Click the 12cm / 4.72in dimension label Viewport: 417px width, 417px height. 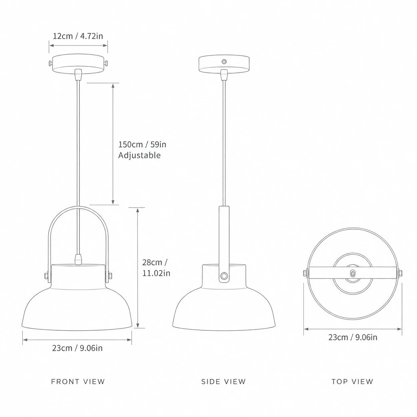(x=78, y=36)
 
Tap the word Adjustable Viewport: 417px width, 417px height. (x=139, y=155)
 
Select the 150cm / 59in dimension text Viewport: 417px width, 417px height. (x=142, y=145)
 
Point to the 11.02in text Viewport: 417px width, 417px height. (x=156, y=273)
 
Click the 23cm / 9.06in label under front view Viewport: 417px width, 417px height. (x=77, y=348)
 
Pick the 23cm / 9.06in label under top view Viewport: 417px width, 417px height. (x=353, y=337)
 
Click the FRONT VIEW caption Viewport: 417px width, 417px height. (x=78, y=382)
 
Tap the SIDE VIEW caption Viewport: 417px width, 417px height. (x=224, y=382)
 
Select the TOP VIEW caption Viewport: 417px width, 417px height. (x=352, y=382)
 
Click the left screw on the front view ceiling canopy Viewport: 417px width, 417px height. (x=50, y=63)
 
